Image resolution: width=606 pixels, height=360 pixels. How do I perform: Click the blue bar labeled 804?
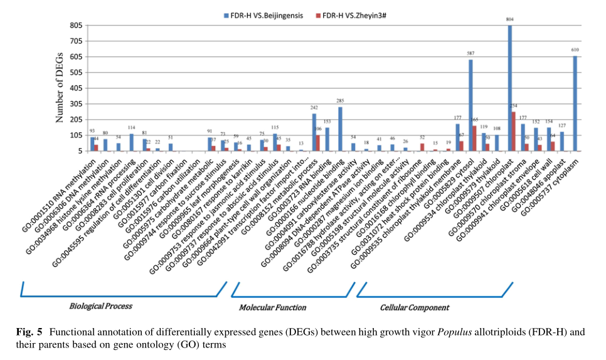pyautogui.click(x=510, y=88)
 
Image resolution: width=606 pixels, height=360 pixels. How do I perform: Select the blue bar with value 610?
pyautogui.click(x=575, y=103)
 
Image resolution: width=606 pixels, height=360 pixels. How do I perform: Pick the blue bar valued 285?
pyautogui.click(x=340, y=129)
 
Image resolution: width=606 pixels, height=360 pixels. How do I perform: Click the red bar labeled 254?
pyautogui.click(x=514, y=131)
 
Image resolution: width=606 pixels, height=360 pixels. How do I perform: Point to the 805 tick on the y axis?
pyautogui.click(x=77, y=26)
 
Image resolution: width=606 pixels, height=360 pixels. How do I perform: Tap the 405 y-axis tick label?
pyautogui.click(x=77, y=88)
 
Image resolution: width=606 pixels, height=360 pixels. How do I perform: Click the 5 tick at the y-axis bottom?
pyautogui.click(x=80, y=151)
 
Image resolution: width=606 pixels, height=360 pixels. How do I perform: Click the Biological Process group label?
pyautogui.click(x=100, y=306)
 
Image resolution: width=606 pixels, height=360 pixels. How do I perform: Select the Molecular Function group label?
pyautogui.click(x=272, y=307)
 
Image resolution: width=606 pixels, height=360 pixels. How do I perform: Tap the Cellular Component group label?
pyautogui.click(x=415, y=307)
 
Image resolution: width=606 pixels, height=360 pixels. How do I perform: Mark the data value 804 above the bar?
pyautogui.click(x=510, y=20)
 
